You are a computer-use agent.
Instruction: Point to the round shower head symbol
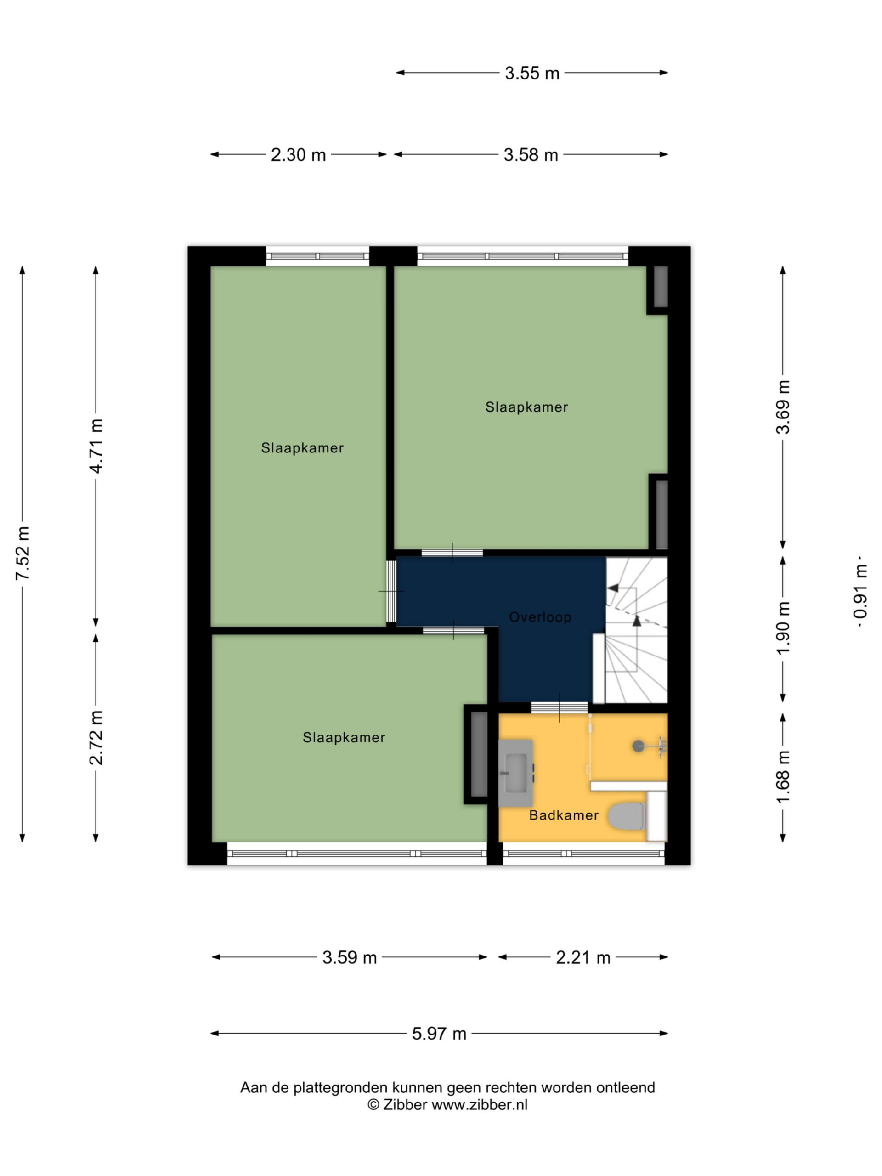pyautogui.click(x=638, y=746)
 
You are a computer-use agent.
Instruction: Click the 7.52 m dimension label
pyautogui.click(x=23, y=554)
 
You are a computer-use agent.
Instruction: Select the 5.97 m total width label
pyautogui.click(x=439, y=1034)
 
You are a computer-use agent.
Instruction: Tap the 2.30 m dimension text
pyautogui.click(x=298, y=155)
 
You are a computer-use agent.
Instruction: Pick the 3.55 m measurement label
pyautogui.click(x=532, y=73)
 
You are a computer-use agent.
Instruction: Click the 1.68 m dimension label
pyautogui.click(x=783, y=777)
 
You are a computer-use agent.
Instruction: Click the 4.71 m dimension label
pyautogui.click(x=96, y=446)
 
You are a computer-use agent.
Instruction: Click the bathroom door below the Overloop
pyautogui.click(x=560, y=707)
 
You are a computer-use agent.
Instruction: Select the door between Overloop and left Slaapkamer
pyautogui.click(x=391, y=591)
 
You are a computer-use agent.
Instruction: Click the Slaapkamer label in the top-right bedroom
pyautogui.click(x=527, y=407)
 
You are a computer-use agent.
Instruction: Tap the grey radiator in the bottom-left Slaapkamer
pyautogui.click(x=479, y=754)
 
